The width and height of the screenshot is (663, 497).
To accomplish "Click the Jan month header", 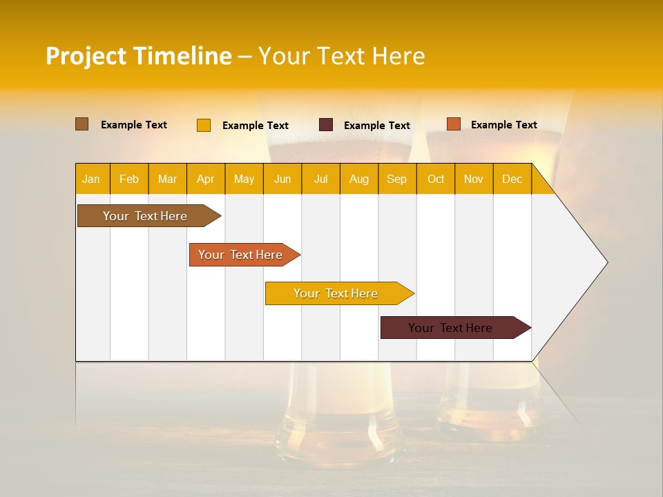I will click(91, 179).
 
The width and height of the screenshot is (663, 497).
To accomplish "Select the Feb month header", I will click(129, 179).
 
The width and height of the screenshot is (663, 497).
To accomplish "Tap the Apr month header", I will click(205, 179).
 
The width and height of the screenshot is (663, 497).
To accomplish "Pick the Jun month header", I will click(282, 179).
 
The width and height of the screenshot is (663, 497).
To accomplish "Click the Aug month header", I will click(358, 179).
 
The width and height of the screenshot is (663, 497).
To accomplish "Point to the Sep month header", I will click(396, 179).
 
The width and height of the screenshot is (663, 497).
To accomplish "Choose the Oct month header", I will click(436, 179).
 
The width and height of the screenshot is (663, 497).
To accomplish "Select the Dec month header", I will click(512, 179).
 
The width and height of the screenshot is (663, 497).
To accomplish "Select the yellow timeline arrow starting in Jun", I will click(336, 293).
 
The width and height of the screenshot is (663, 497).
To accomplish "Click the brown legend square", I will click(81, 124).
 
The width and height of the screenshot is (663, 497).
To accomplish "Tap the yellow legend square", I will click(203, 125).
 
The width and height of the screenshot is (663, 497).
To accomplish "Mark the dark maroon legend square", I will click(326, 125).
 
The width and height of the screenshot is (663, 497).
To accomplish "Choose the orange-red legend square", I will click(453, 124).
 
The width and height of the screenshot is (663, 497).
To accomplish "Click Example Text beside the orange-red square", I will click(503, 125).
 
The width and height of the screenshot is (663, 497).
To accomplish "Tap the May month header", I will click(244, 179).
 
